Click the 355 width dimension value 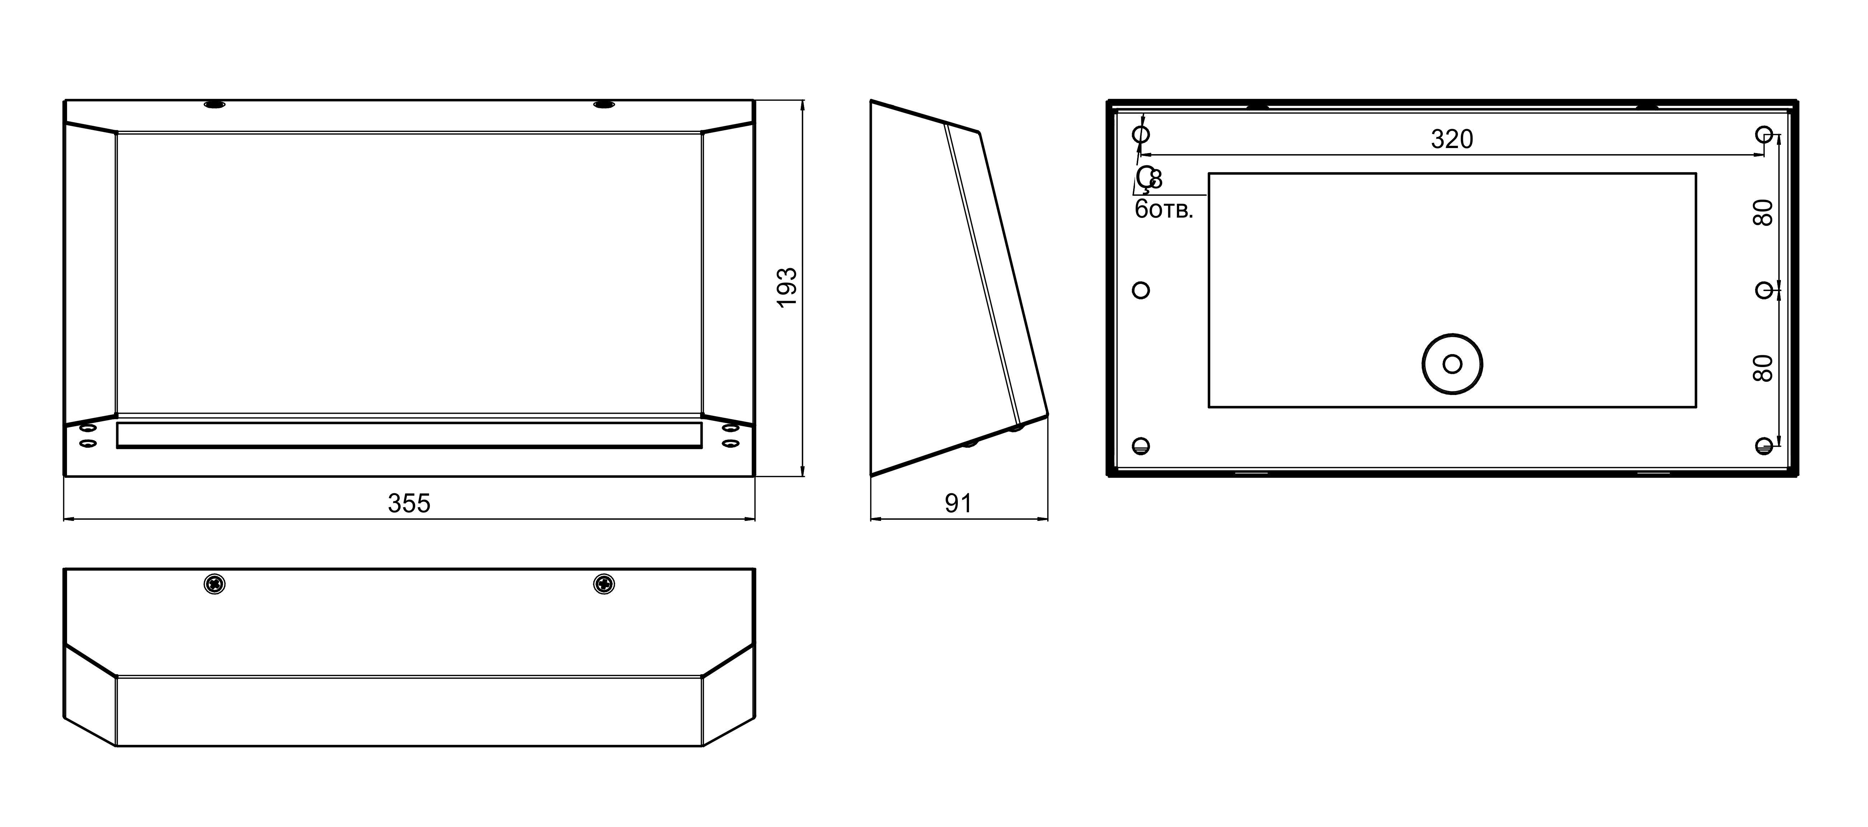click(409, 503)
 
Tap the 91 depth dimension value click(958, 503)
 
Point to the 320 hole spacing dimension click(1452, 139)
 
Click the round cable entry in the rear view click(1452, 364)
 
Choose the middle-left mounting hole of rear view click(1141, 290)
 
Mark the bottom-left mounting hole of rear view click(1141, 446)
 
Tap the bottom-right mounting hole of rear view click(1764, 446)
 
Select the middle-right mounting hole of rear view click(1764, 290)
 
